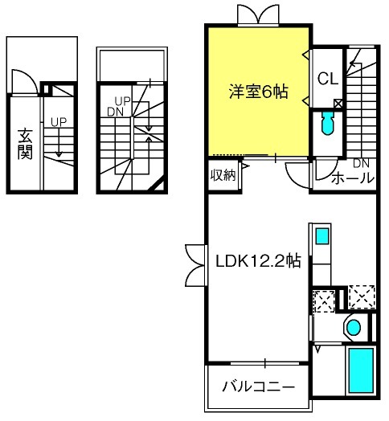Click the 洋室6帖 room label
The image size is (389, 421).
259,92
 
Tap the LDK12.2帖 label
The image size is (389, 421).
259,260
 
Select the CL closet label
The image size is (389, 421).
327,79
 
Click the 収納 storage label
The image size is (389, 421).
223,175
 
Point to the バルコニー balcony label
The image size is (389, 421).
259,386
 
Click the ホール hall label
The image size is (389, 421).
353,178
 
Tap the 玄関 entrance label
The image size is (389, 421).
25,144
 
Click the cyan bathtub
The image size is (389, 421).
361,370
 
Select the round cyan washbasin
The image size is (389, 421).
354,328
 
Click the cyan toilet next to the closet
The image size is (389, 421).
327,123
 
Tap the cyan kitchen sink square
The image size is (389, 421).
322,236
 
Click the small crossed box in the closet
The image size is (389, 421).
338,103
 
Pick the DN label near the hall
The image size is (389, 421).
361,163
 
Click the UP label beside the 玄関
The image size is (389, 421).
59,122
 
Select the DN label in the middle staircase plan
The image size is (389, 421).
115,112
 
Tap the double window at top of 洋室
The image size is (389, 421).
258,15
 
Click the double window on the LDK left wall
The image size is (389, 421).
196,266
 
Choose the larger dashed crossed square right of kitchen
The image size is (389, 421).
362,297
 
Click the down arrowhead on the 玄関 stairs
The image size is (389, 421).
59,154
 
